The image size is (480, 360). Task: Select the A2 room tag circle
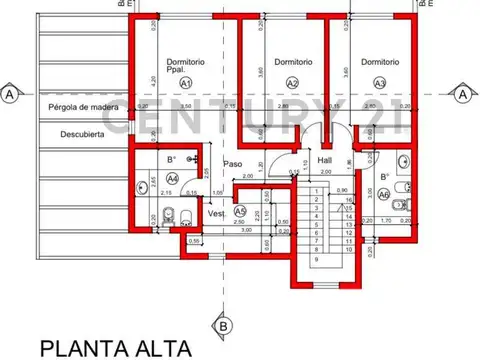coord(292,83)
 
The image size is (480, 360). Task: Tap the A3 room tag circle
coord(378,83)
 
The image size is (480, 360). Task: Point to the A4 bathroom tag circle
coord(171,178)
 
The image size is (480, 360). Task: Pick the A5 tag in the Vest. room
coord(239,211)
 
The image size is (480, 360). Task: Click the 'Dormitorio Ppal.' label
coord(186,66)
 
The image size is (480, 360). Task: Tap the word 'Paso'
coord(233,164)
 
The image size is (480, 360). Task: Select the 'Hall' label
coord(324,160)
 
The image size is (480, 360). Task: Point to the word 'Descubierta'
coord(81,134)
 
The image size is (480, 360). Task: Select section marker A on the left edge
coord(9,93)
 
